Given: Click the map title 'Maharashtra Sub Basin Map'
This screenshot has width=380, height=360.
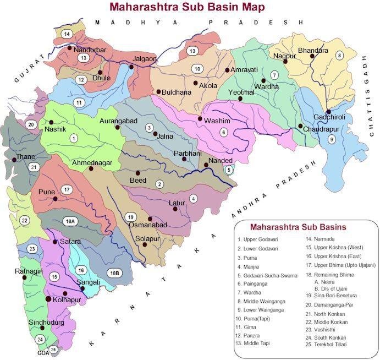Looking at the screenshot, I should [186, 7].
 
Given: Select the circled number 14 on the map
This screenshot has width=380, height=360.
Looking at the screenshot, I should [67, 34].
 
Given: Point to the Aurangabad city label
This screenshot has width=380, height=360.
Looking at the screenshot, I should [118, 120].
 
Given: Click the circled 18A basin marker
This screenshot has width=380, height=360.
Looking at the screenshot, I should [70, 221].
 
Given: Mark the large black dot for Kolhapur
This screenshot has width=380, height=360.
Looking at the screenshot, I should [48, 298].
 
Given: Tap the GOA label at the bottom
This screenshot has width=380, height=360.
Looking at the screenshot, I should [43, 353].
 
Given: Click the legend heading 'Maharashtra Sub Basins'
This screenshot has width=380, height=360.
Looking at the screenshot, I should [298, 227].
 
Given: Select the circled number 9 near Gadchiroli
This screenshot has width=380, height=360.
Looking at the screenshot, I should [332, 139].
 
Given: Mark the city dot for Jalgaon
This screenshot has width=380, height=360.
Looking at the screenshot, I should [131, 67].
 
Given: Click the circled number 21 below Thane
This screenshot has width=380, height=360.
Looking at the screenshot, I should [34, 167].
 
